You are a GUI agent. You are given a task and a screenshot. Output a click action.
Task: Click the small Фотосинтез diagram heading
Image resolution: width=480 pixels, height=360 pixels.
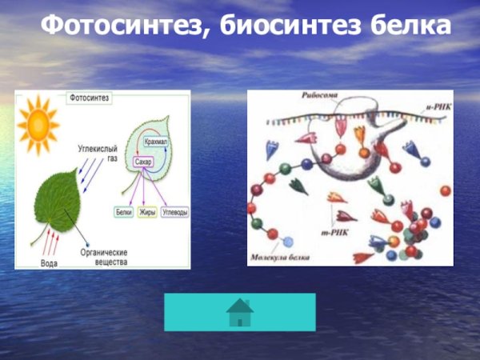(x=90, y=98)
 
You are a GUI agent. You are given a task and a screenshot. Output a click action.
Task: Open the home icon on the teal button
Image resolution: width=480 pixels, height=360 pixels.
(x=240, y=313)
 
